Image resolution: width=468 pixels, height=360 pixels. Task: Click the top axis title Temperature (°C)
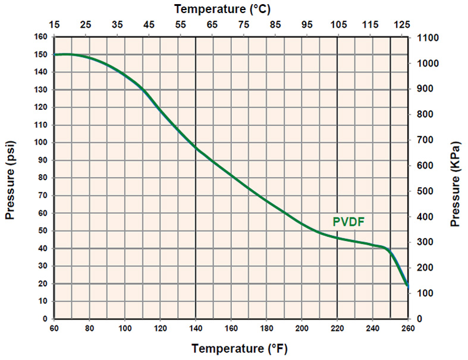click(231, 9)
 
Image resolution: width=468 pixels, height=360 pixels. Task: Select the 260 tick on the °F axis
click(408, 328)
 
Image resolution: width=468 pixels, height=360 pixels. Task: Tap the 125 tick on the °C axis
click(402, 25)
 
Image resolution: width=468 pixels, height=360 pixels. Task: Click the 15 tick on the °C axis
click(55, 25)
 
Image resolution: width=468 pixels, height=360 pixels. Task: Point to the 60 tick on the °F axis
click(54, 328)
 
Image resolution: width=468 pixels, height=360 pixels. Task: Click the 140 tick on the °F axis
click(196, 328)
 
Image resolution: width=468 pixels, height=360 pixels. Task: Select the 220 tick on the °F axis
click(337, 328)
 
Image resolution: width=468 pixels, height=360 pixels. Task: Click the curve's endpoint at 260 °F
click(407, 285)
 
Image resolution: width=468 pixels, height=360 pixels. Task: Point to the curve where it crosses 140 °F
click(196, 148)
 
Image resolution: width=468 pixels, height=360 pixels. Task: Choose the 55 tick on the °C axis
click(181, 25)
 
